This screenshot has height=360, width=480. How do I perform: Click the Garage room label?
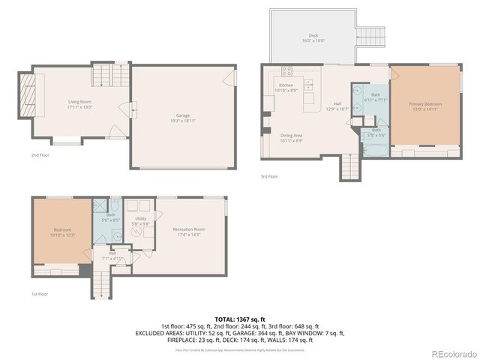click(177, 117)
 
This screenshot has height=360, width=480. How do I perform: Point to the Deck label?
click(314, 37)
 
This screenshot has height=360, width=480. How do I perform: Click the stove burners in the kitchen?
click(286, 72)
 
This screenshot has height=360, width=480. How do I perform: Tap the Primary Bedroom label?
click(424, 106)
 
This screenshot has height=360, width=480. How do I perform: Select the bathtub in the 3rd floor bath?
click(373, 150)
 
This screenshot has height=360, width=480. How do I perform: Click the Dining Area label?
click(292, 138)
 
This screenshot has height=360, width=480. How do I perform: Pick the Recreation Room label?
click(188, 230)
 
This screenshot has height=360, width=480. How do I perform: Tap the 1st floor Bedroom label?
click(62, 232)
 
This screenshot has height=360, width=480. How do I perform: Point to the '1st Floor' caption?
click(39, 295)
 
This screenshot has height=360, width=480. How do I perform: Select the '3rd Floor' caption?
click(270, 176)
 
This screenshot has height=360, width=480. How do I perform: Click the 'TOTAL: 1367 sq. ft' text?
click(239, 319)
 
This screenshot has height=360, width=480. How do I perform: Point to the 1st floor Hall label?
click(112, 256)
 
